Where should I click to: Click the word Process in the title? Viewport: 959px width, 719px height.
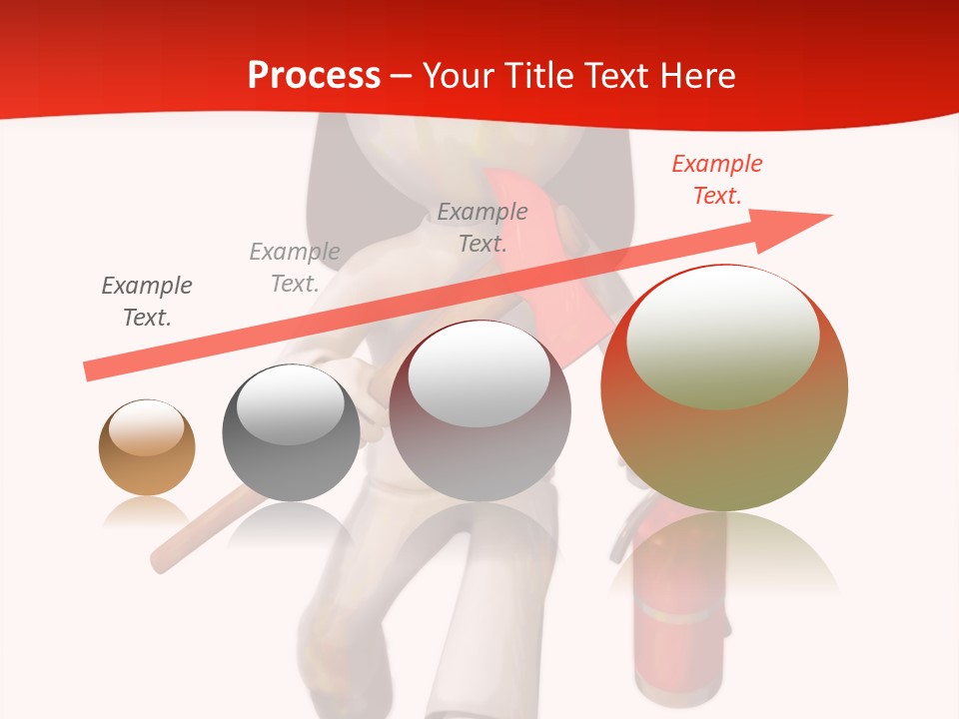[x=314, y=76]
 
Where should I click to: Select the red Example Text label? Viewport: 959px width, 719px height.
[x=716, y=180]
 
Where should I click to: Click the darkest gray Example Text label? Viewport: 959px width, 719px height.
[x=147, y=302]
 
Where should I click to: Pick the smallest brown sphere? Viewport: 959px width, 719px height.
[x=147, y=447]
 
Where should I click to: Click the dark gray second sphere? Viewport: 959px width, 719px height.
[x=291, y=432]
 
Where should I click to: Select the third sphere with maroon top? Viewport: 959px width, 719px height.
[x=479, y=411]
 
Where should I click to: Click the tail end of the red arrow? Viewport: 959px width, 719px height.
[x=87, y=371]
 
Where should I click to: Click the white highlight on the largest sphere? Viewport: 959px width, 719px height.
[x=722, y=338]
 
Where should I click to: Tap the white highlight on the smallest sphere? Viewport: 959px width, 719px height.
[x=146, y=427]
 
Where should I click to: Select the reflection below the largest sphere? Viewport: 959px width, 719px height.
[x=724, y=554]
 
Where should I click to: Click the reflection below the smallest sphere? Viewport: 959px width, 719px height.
[x=147, y=511]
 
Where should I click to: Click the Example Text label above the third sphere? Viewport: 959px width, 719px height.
[x=482, y=227]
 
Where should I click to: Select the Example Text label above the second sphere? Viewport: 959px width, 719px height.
[x=295, y=268]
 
